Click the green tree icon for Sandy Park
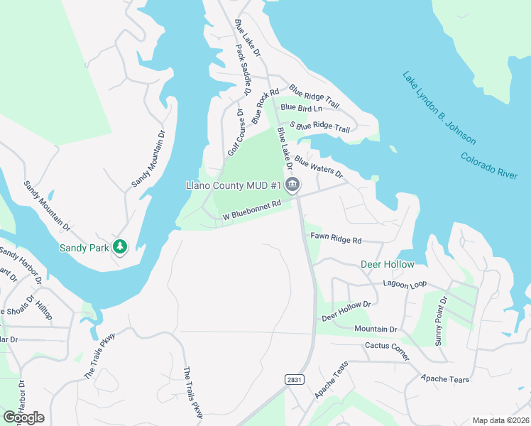pos(121,246)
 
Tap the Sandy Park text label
pos(84,248)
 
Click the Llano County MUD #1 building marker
pos(292,186)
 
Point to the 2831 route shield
pos(295,380)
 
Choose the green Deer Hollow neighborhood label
pos(388,264)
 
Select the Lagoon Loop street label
pos(405,284)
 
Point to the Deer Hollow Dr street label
pos(346,310)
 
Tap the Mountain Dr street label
pos(376,329)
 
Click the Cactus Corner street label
pos(387,351)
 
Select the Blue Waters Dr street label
pos(319,168)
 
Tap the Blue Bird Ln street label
pos(301,108)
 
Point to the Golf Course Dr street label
pos(235,133)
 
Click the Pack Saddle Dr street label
pos(243,70)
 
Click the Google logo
pos(23,417)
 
